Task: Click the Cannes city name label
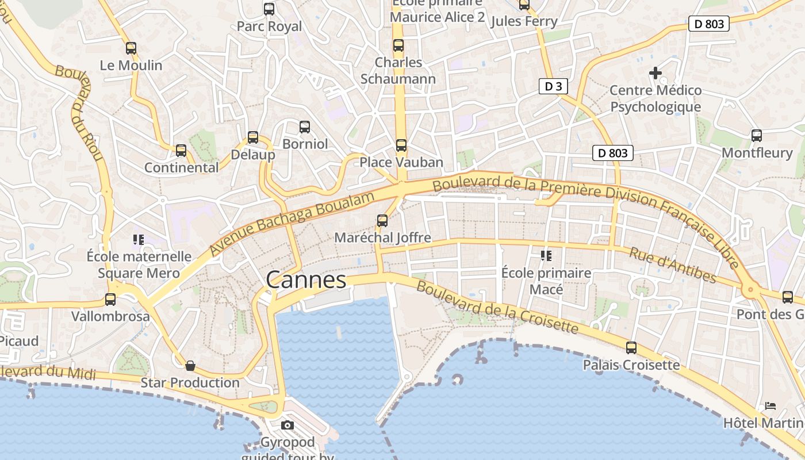pos(306,280)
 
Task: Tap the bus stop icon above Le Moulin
pos(131,48)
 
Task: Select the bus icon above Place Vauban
pos(401,145)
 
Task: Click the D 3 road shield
pos(553,87)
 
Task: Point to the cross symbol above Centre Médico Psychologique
pos(655,73)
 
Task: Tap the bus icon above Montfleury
pos(757,136)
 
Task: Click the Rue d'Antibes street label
pos(673,265)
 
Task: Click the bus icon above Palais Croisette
pos(631,348)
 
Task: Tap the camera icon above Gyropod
pos(287,425)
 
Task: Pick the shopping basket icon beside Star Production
pos(190,366)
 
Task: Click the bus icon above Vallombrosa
pos(110,300)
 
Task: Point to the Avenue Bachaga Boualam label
pos(292,224)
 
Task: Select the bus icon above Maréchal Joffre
pos(382,220)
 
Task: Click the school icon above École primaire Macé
pos(546,255)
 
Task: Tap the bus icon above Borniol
pos(305,127)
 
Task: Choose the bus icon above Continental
pos(181,151)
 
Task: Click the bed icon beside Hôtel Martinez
pos(770,406)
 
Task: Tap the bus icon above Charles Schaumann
pos(398,45)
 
